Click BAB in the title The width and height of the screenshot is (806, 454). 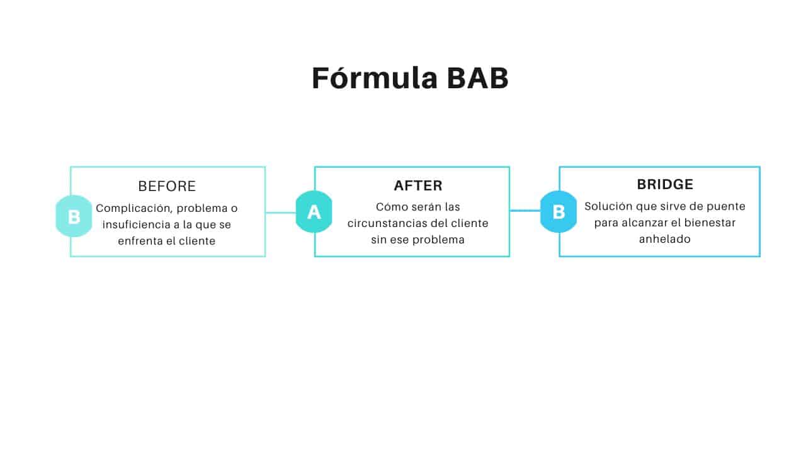(x=478, y=79)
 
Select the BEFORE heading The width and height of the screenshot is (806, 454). (x=167, y=187)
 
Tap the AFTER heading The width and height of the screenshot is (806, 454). (x=418, y=186)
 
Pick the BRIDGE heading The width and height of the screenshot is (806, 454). (x=665, y=185)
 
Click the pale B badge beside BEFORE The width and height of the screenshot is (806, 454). (x=74, y=216)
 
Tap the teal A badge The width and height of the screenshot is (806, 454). (x=314, y=212)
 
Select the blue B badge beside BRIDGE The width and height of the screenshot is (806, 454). (x=559, y=212)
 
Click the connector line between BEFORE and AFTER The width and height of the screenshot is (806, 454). (x=280, y=212)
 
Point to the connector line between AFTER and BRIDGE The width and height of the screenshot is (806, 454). (x=525, y=211)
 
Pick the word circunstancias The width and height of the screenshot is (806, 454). (x=385, y=223)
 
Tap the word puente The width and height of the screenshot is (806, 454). (x=728, y=206)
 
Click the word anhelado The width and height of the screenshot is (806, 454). (x=664, y=240)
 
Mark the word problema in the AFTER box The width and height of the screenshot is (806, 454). (x=438, y=240)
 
